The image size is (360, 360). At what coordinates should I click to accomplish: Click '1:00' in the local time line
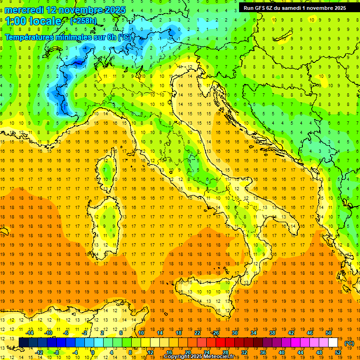pos(15,21)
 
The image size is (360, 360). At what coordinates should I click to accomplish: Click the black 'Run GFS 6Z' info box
pos(295,7)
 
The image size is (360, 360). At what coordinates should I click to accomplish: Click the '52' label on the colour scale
pos(338,352)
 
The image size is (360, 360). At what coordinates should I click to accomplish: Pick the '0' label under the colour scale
pos(93,352)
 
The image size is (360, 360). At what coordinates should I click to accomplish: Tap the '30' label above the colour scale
pos(234,333)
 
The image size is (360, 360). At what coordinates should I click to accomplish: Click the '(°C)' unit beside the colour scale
pos(349,343)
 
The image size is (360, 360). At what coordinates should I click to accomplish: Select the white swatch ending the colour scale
pos(333,343)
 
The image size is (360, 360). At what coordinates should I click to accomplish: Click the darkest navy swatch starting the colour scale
pos(23,343)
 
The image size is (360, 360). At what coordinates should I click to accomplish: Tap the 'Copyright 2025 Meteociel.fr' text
pos(202,357)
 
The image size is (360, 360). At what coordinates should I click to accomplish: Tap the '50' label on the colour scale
pos(329,333)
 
